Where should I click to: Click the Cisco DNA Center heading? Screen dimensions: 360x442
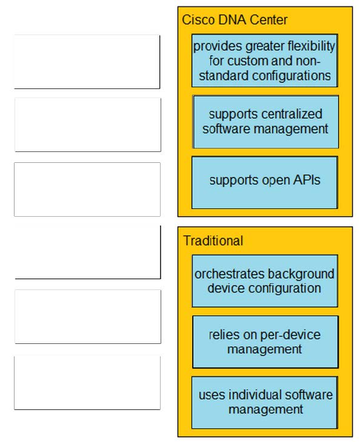coord(235,20)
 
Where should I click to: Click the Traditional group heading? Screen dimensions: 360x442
coord(213,241)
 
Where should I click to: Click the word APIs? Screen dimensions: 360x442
coord(307,180)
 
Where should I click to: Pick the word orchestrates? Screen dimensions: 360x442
coord(230,274)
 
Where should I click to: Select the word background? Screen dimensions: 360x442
coord(301,274)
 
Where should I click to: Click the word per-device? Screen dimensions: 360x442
coord(290,335)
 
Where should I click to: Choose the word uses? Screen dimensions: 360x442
coord(212,395)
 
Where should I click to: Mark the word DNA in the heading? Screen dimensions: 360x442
coord(232,20)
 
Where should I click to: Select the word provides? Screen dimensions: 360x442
coord(218,47)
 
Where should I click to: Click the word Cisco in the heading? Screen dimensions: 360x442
coord(199,20)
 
